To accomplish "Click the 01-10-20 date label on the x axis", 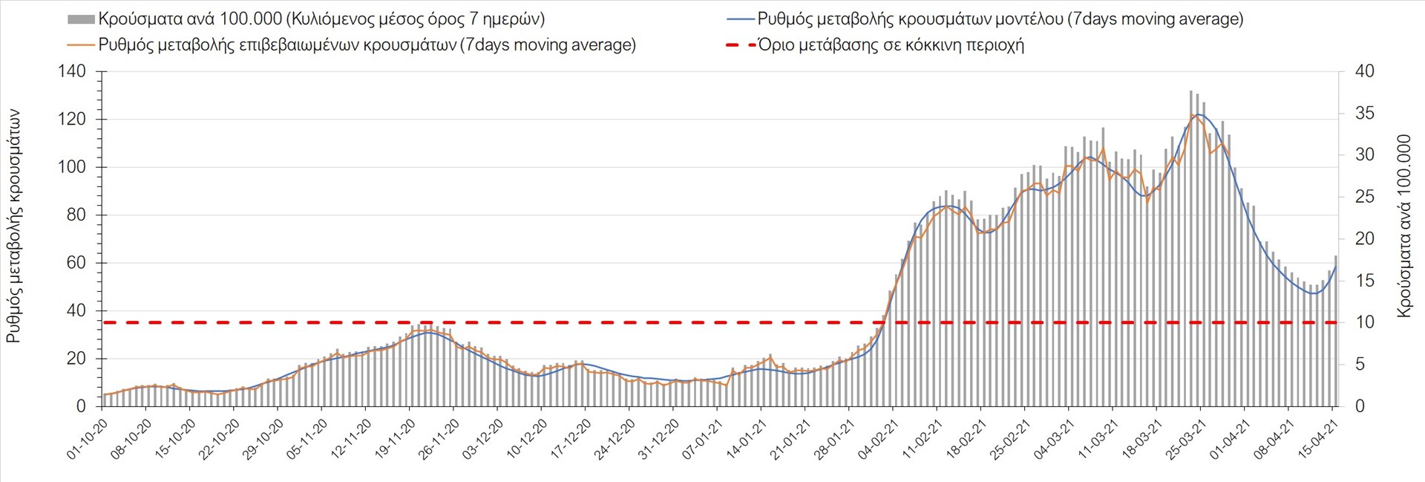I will click(88, 439).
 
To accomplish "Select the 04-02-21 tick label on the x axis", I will click(878, 439).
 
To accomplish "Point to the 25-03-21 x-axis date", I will click(1185, 439).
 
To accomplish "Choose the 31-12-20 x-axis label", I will click(658, 439).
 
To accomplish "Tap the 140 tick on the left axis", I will click(72, 71).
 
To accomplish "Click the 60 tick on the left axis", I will click(76, 263).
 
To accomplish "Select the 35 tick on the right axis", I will click(1364, 114).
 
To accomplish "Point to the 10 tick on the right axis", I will click(1364, 322).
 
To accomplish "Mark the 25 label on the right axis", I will click(1364, 197).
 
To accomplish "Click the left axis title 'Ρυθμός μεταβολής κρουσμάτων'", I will click(13, 227).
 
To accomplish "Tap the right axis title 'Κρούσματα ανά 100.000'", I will click(1403, 227).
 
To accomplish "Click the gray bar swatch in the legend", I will click(81, 19).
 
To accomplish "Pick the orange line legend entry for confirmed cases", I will click(367, 45).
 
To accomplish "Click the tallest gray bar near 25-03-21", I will click(1190, 249).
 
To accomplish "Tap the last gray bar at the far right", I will click(1336, 330).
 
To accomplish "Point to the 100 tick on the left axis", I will click(72, 167).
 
